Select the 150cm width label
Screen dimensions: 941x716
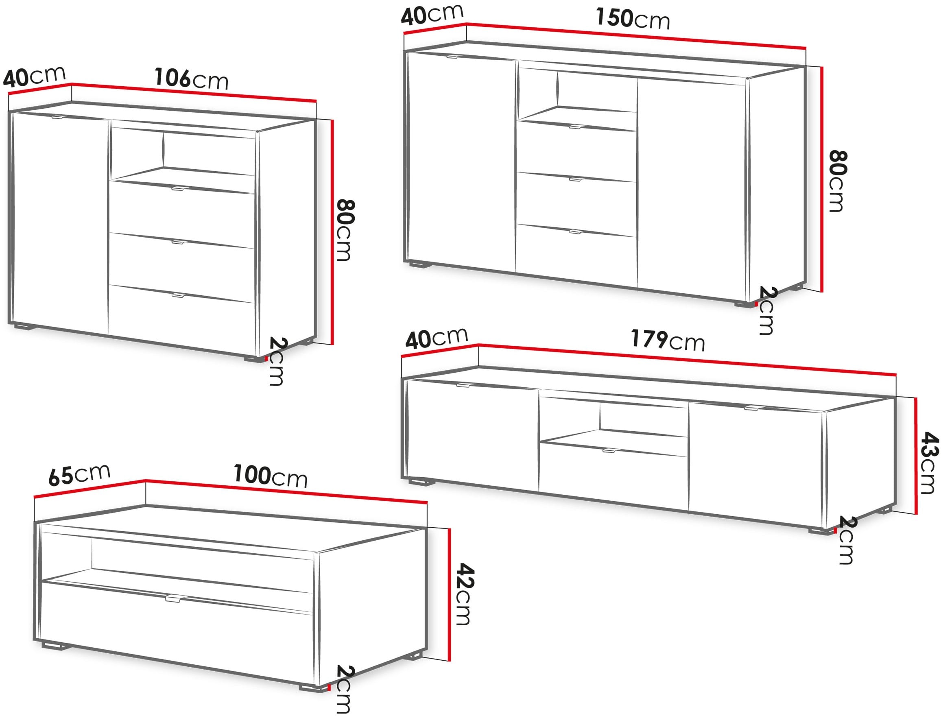click(x=633, y=19)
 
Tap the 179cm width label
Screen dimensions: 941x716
click(x=667, y=340)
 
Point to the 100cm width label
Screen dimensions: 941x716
click(x=270, y=476)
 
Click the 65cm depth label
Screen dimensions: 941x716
click(x=79, y=474)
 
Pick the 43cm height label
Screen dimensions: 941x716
click(x=929, y=463)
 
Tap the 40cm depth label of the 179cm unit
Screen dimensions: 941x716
click(x=437, y=338)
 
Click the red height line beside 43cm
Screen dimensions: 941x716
click(x=915, y=456)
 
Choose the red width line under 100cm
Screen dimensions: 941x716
click(x=286, y=491)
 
